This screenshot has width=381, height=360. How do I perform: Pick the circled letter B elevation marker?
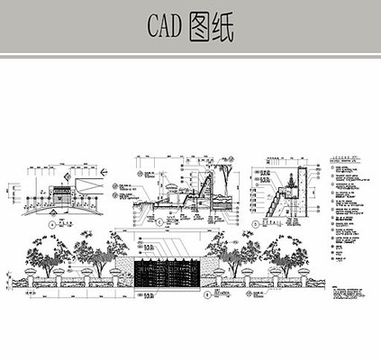pos(208,293)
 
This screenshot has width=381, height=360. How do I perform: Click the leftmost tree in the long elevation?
pos(42,253)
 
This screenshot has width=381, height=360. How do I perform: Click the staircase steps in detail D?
pos(278,202)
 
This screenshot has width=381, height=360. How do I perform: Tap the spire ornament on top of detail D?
pos(292,171)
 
